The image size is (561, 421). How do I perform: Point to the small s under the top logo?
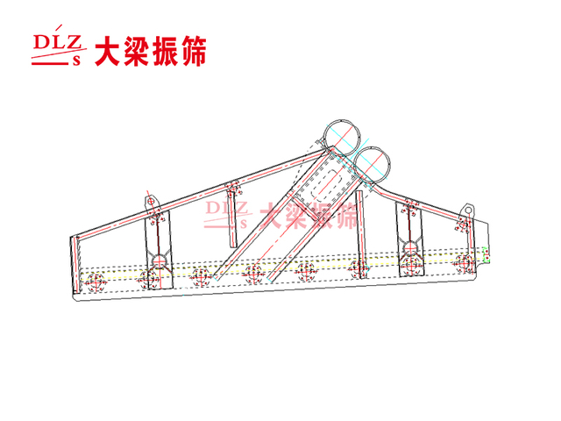click(x=76, y=61)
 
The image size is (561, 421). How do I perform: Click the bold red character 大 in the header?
click(x=107, y=51)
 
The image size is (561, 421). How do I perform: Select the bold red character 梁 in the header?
click(x=136, y=51)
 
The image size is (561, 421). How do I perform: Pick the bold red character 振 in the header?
click(x=165, y=51)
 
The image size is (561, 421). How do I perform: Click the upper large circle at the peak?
click(x=341, y=137)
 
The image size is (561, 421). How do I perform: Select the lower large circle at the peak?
click(x=373, y=164)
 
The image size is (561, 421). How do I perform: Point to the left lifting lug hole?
click(x=151, y=202)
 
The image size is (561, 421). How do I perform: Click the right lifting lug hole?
click(x=468, y=210)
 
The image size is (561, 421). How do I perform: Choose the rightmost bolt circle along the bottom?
click(x=464, y=263)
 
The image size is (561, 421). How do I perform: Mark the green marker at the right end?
click(x=486, y=254)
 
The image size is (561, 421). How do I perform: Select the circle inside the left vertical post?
click(x=160, y=260)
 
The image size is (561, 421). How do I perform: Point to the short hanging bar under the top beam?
click(x=231, y=216)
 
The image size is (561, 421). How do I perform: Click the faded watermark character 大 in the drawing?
click(x=273, y=216)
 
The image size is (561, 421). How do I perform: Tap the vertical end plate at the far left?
click(x=75, y=265)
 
